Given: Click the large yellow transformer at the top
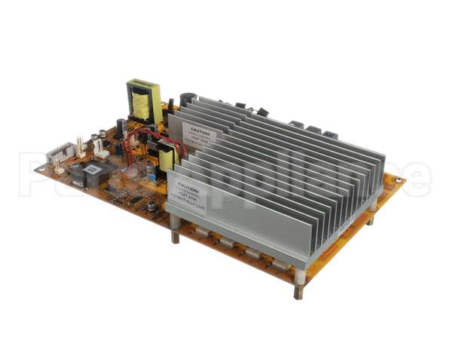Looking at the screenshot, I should tap(142, 100).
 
